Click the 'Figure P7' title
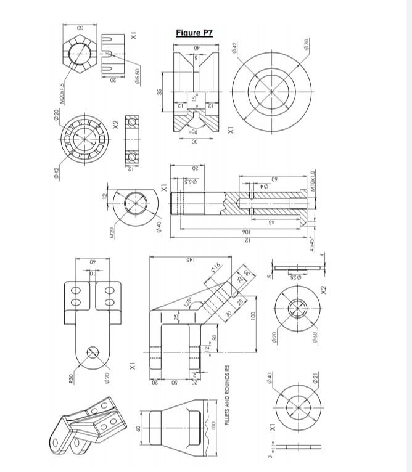coord(194,33)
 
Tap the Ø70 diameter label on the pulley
coord(307,44)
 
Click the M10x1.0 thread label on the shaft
coord(313,181)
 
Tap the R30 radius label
coord(71,378)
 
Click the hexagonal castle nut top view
coord(79,54)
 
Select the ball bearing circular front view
coord(81,139)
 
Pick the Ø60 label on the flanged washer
coord(314,338)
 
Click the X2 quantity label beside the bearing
coord(115,125)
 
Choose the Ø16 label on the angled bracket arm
coord(215,267)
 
